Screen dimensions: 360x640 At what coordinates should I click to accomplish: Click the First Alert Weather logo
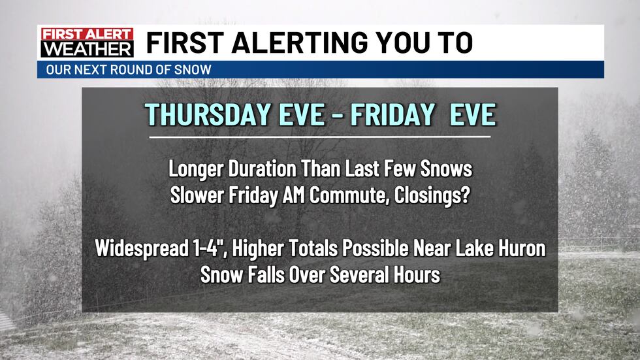(86, 42)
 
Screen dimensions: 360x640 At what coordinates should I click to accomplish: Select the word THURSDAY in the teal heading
(206, 115)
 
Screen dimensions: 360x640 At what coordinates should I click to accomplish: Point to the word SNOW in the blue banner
(197, 70)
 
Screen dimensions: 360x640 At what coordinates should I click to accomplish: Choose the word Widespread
(134, 249)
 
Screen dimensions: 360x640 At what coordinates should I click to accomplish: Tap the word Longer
(192, 169)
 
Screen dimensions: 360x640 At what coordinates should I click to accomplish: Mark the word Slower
(193, 195)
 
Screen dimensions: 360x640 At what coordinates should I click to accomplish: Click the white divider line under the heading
(319, 137)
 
